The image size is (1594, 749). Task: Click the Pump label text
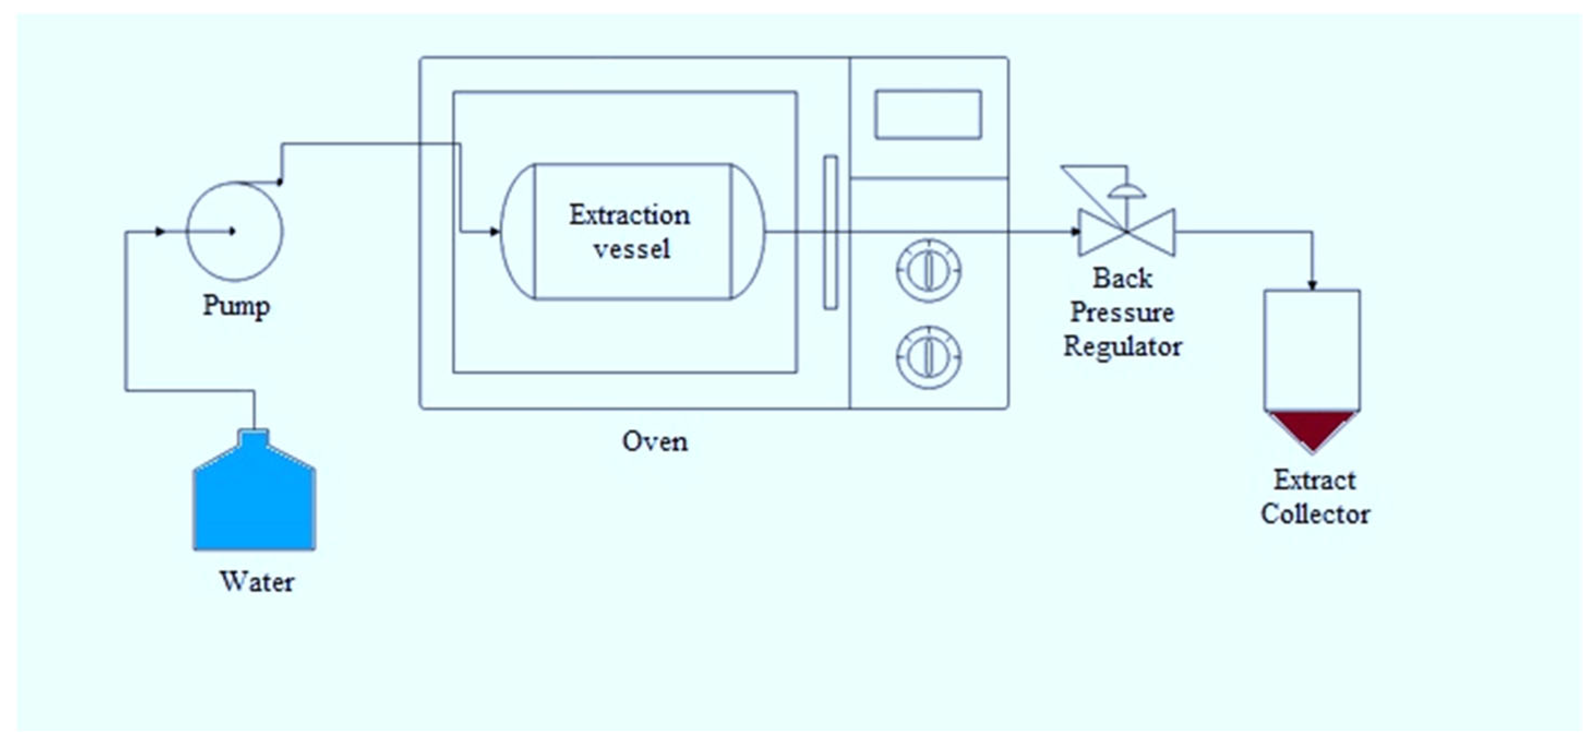pyautogui.click(x=236, y=306)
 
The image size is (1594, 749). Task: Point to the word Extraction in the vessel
pyautogui.click(x=629, y=215)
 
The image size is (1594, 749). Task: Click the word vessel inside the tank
pyautogui.click(x=631, y=249)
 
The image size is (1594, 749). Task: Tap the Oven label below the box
pyautogui.click(x=655, y=441)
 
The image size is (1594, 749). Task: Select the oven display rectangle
pyautogui.click(x=928, y=115)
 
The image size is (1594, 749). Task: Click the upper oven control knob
pyautogui.click(x=928, y=271)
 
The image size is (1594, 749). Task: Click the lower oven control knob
pyautogui.click(x=928, y=357)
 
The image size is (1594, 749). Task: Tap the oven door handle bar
pyautogui.click(x=831, y=232)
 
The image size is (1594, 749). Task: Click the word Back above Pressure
pyautogui.click(x=1122, y=278)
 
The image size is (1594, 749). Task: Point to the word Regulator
pyautogui.click(x=1122, y=346)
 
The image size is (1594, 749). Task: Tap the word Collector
pyautogui.click(x=1315, y=514)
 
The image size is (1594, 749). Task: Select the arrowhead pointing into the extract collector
pyautogui.click(x=1312, y=284)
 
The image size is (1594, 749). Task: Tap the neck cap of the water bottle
pyautogui.click(x=254, y=438)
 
